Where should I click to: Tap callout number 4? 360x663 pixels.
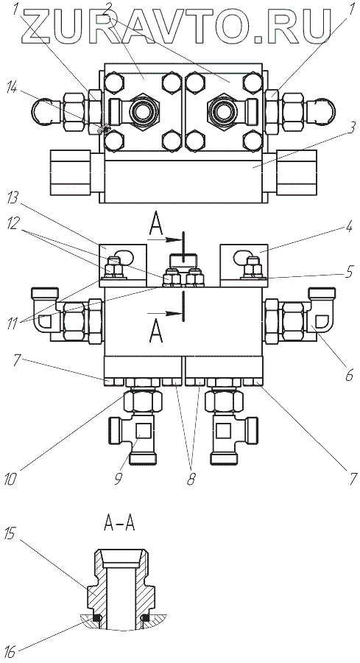pos(349,229)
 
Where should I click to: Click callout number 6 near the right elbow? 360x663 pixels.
pos(349,375)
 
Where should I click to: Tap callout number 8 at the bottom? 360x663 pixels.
pos(191,479)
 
